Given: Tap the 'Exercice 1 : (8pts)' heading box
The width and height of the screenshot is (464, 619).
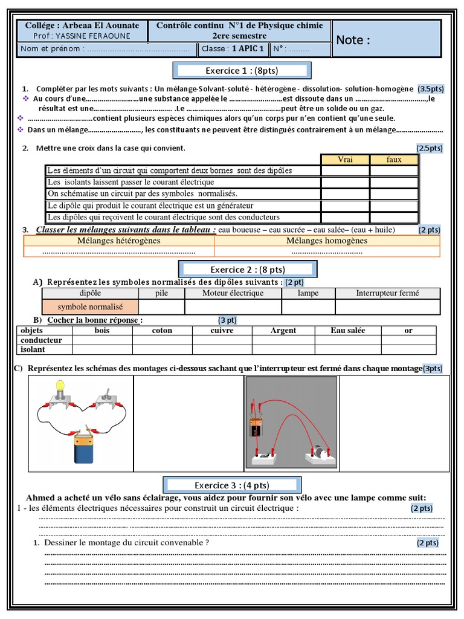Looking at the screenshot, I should pyautogui.click(x=242, y=71).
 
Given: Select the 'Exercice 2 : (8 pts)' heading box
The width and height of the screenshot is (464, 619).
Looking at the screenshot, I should pyautogui.click(x=247, y=270).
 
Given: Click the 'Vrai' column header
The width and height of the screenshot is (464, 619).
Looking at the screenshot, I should pyautogui.click(x=345, y=160).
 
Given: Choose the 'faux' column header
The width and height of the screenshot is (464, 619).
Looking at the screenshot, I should pyautogui.click(x=394, y=160).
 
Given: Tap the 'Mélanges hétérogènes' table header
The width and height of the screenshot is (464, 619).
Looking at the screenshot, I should pyautogui.click(x=119, y=241).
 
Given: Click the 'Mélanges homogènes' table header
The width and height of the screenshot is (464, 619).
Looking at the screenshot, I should pyautogui.click(x=326, y=241).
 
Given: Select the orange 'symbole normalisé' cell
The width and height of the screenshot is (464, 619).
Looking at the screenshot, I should pyautogui.click(x=90, y=307).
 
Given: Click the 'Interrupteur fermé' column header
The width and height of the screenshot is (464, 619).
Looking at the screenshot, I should pyautogui.click(x=387, y=293).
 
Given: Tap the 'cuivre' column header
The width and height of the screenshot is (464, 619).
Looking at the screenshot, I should pyautogui.click(x=222, y=331).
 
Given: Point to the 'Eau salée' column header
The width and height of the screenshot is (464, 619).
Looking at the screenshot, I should pyautogui.click(x=347, y=331).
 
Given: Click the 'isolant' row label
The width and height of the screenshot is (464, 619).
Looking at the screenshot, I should pyautogui.click(x=33, y=349).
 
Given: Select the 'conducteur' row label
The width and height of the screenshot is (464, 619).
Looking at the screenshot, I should pyautogui.click(x=42, y=340).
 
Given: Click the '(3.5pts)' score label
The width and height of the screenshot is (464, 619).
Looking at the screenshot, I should pyautogui.click(x=431, y=89).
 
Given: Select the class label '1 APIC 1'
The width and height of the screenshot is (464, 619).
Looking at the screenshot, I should pyautogui.click(x=248, y=49).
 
